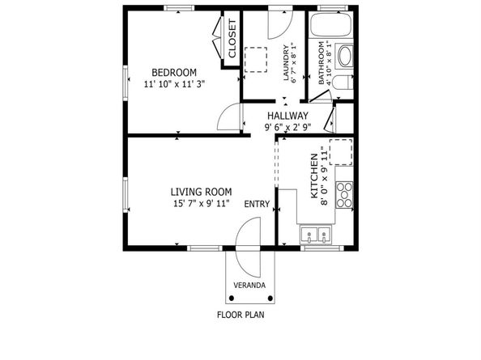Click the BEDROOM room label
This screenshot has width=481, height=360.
[174, 73]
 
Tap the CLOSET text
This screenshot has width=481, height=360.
[232, 38]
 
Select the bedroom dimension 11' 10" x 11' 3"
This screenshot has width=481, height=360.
[174, 84]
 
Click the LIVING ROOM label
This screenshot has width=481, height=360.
[201, 192]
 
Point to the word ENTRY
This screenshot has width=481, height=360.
[257, 204]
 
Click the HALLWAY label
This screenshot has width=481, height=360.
[287, 116]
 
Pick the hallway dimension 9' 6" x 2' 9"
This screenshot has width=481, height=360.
[287, 127]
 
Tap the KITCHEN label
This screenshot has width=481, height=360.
[314, 176]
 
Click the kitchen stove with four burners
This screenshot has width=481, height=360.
[344, 195]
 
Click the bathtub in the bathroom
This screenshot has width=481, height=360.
[330, 24]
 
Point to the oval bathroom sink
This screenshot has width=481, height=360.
[345, 56]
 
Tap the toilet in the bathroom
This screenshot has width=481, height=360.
[343, 82]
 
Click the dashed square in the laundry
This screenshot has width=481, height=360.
[256, 60]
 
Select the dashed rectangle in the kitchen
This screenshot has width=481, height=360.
[341, 152]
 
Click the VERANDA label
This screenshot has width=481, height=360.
[249, 286]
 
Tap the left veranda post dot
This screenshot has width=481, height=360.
[232, 298]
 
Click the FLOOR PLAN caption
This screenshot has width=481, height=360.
[240, 315]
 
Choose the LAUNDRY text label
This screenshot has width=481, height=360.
[286, 63]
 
